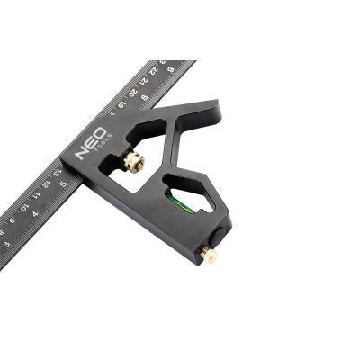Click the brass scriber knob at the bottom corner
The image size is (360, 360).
[210, 256]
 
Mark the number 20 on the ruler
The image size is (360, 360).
[133, 93]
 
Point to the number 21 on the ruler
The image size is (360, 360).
[145, 82]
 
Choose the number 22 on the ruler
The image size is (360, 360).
[157, 71]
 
